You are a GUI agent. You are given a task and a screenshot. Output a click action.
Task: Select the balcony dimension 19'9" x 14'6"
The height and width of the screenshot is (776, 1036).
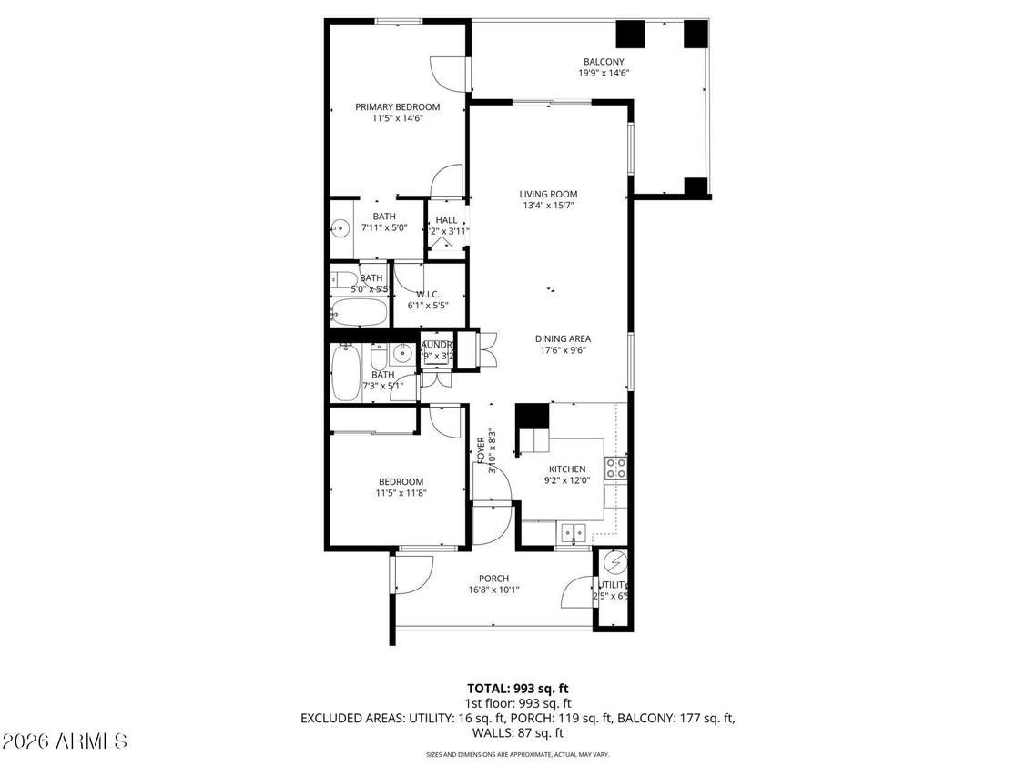click(x=604, y=73)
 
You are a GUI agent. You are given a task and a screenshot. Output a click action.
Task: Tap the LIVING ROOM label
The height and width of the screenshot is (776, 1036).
click(x=548, y=194)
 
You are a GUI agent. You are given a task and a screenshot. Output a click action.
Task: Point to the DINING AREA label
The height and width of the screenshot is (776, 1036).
click(x=563, y=338)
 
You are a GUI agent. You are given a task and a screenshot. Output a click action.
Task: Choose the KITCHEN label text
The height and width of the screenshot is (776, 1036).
click(x=566, y=469)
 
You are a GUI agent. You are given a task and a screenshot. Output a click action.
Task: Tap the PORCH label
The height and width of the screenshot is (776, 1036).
click(x=493, y=579)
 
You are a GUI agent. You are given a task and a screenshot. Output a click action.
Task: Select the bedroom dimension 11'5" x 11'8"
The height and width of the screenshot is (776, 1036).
click(x=401, y=493)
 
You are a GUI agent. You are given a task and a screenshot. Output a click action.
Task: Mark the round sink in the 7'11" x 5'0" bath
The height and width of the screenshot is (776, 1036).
click(x=340, y=228)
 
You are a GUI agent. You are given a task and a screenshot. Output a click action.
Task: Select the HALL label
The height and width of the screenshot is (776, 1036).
click(x=446, y=220)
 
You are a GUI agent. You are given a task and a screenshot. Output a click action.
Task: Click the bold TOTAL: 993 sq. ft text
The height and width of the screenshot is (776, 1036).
click(x=517, y=689)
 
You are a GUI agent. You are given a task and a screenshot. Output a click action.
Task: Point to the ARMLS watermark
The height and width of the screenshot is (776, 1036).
click(x=64, y=742)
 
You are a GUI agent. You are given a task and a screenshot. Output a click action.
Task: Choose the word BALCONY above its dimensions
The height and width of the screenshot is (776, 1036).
click(x=604, y=62)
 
